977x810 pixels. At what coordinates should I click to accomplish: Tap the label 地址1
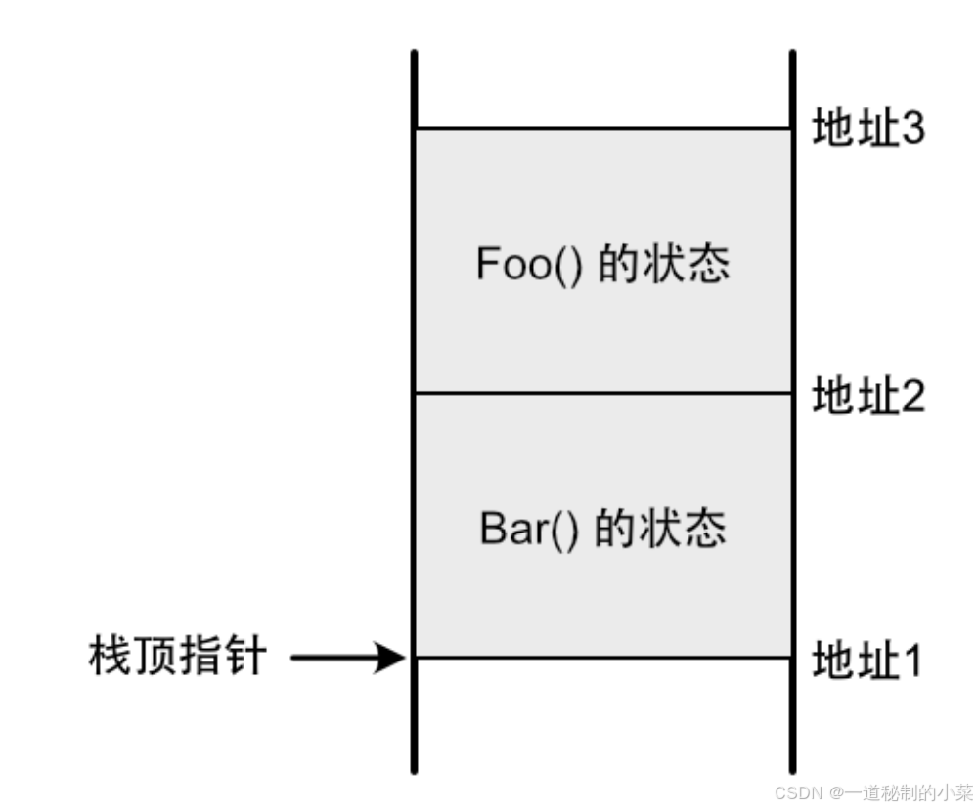click(x=866, y=661)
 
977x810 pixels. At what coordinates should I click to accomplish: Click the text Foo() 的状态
click(x=602, y=264)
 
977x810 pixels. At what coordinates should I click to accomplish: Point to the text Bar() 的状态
click(x=602, y=529)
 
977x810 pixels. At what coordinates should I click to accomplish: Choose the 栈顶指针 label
click(x=176, y=657)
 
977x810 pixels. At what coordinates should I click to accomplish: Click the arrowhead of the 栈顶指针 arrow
click(x=393, y=658)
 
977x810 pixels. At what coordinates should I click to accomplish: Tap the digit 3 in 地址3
click(x=911, y=129)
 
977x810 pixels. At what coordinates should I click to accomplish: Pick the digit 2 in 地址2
click(x=911, y=397)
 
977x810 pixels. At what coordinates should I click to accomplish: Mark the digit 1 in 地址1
click(x=910, y=661)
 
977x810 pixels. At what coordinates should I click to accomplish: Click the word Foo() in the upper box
click(x=529, y=264)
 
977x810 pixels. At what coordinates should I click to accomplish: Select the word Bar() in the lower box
click(x=529, y=529)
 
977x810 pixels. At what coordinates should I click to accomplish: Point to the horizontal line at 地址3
click(x=602, y=128)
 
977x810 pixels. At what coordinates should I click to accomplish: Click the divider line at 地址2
click(x=602, y=393)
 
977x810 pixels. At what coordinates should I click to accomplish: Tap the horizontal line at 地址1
click(x=602, y=658)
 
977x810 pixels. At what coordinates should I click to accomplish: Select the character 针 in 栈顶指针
click(x=244, y=657)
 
